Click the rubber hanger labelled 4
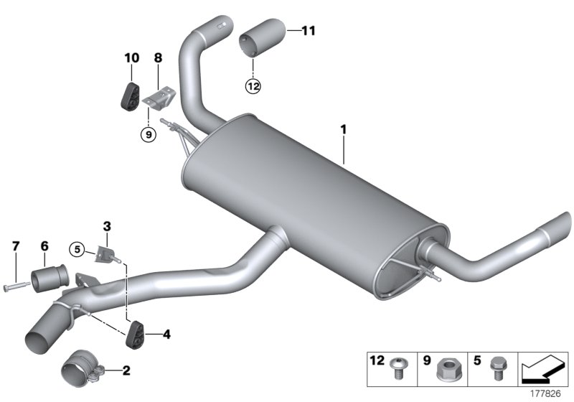pyautogui.click(x=135, y=335)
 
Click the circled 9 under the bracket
pyautogui.click(x=147, y=134)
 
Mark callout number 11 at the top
pyautogui.click(x=308, y=31)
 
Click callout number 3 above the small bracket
pyautogui.click(x=106, y=227)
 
